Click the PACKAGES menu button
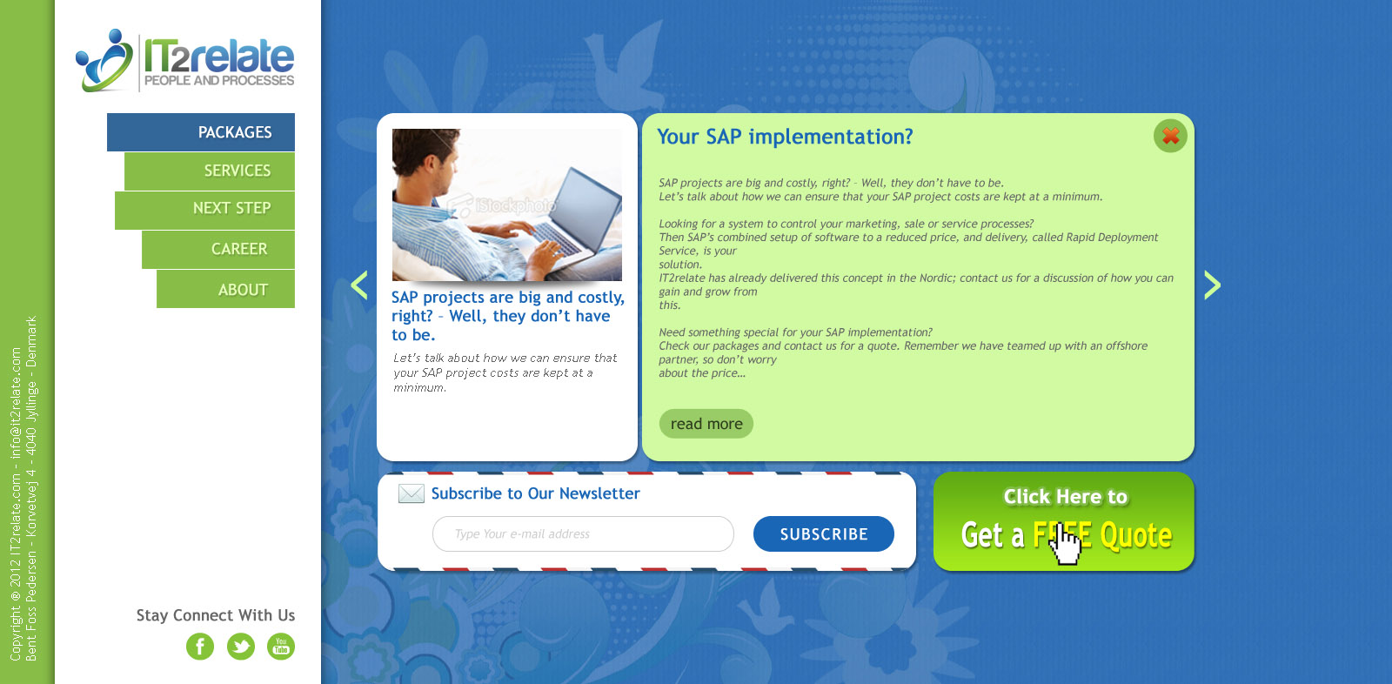click(x=201, y=131)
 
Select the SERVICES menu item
click(x=210, y=171)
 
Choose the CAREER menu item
click(x=218, y=250)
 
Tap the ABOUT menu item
click(x=225, y=289)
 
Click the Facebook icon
click(x=200, y=647)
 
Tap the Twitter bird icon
click(x=240, y=647)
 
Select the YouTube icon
click(x=281, y=647)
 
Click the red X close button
click(x=1170, y=136)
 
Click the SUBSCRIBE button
click(x=823, y=533)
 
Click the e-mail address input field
click(x=583, y=533)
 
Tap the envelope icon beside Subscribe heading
click(x=411, y=493)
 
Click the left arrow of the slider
click(x=359, y=285)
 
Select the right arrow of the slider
click(x=1213, y=285)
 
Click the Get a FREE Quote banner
click(x=1063, y=521)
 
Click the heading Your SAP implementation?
click(x=785, y=136)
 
